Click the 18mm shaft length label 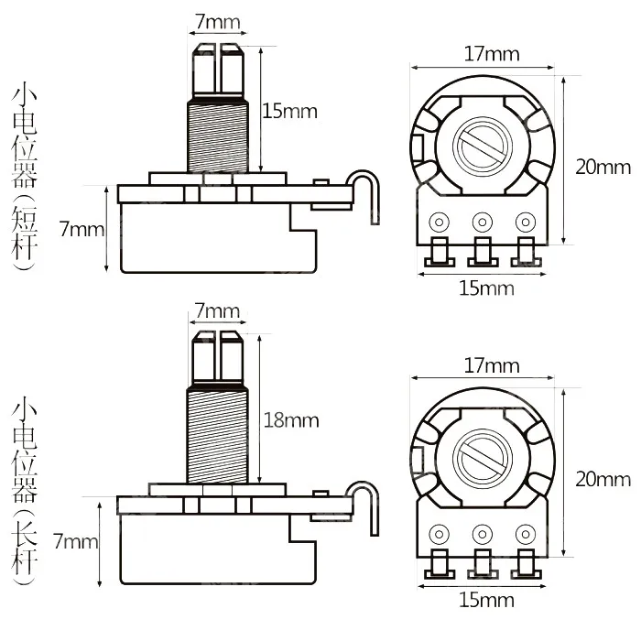[x=291, y=420]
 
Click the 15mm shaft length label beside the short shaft [x=289, y=112]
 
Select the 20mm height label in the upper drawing [x=602, y=167]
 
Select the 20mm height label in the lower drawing [x=602, y=479]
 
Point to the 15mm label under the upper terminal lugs [x=486, y=288]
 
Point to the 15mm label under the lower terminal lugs [x=486, y=601]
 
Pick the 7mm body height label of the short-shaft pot [x=81, y=229]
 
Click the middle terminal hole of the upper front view [x=481, y=222]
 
